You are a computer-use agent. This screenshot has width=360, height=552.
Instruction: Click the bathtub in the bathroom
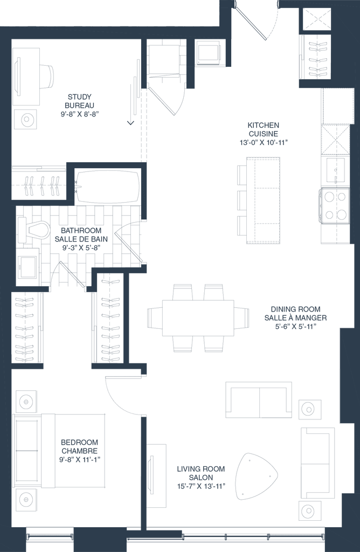click(x=107, y=187)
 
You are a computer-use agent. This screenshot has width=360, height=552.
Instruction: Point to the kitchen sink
click(x=335, y=170)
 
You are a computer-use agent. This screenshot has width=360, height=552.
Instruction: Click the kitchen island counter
click(x=263, y=201)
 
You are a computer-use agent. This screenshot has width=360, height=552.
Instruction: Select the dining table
click(x=198, y=318)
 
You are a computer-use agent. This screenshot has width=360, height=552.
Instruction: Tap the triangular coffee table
click(x=256, y=475)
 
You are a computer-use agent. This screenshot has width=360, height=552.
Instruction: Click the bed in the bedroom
click(x=59, y=451)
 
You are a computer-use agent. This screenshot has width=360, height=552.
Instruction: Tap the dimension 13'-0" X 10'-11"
click(x=263, y=142)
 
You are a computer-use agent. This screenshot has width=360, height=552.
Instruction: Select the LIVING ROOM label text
click(x=200, y=469)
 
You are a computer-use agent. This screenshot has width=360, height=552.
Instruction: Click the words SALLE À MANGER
click(x=295, y=318)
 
